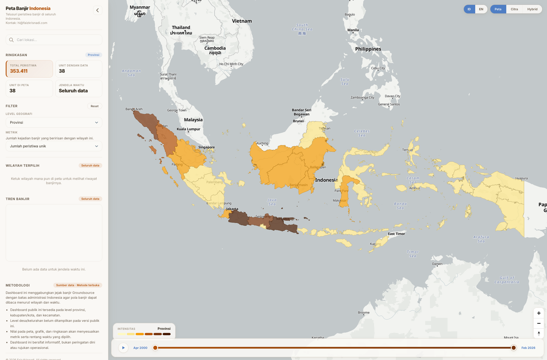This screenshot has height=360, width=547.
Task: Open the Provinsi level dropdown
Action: click(x=54, y=123)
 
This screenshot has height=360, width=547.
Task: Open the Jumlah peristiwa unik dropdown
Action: click(x=54, y=146)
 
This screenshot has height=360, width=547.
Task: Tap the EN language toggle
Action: click(x=481, y=9)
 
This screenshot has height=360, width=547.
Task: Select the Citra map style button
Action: click(x=514, y=9)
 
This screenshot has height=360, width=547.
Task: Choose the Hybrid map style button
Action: click(x=532, y=9)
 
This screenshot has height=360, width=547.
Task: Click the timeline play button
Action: click(x=123, y=348)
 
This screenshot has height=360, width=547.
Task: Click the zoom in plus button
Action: click(x=539, y=313)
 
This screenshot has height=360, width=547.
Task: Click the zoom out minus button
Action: click(x=539, y=323)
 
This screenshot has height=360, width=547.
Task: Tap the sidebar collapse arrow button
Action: click(x=97, y=10)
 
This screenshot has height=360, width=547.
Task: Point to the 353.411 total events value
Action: click(x=19, y=71)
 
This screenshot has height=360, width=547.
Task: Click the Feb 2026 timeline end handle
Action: click(x=514, y=348)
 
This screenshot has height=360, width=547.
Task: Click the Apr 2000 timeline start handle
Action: click(x=155, y=348)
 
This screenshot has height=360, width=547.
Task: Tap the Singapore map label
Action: click(x=207, y=147)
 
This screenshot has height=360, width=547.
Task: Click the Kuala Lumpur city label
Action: click(x=188, y=129)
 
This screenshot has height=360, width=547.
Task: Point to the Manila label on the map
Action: click(x=353, y=30)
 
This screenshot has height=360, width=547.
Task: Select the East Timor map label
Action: click(x=396, y=234)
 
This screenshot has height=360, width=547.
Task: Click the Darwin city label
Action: click(x=437, y=264)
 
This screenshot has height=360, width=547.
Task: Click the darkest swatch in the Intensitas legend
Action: click(x=167, y=334)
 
